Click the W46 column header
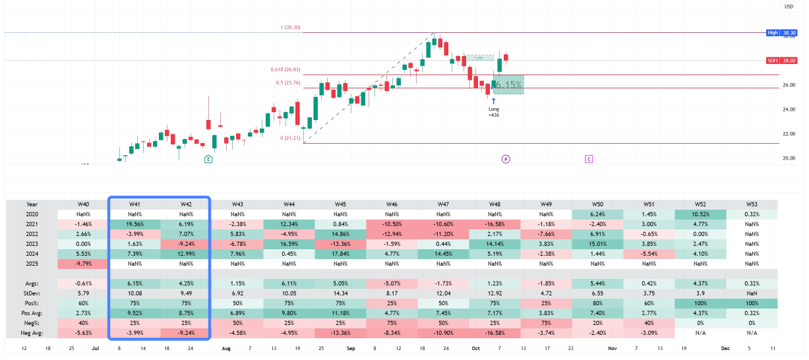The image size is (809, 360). tap(392, 204)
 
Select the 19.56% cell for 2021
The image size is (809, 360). tap(135, 224)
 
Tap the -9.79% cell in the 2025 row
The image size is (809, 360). tap(83, 264)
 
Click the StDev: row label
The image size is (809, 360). tap(32, 293)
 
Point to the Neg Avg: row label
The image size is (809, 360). tap(32, 333)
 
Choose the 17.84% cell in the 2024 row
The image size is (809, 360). tap(340, 254)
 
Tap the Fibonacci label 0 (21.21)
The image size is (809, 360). tap(290, 138)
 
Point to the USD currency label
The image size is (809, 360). tap(788, 7)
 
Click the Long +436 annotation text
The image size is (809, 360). tap(493, 111)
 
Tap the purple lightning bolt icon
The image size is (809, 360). tap(506, 159)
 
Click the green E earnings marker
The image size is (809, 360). tap(208, 159)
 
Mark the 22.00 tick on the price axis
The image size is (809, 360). tap(789, 134)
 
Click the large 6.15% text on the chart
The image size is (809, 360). tap(508, 85)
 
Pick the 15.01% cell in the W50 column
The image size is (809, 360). tap(597, 244)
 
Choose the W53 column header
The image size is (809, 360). tap(752, 204)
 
